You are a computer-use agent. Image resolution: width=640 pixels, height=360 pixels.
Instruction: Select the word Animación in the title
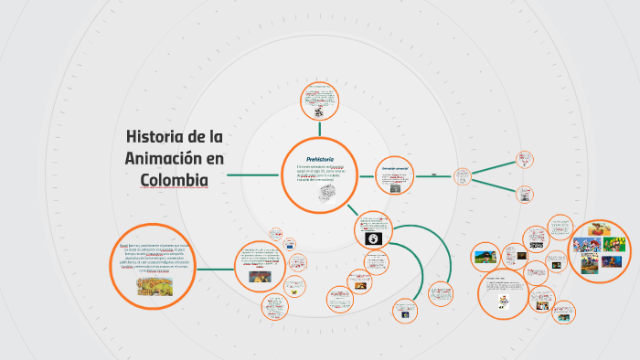(x=160, y=158)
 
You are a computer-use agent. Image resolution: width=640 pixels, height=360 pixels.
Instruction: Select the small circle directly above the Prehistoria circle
(x=319, y=101)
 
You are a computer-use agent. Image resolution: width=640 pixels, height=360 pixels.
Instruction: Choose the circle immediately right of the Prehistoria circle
(x=394, y=175)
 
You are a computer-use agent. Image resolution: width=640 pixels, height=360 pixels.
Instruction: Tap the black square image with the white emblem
(x=373, y=238)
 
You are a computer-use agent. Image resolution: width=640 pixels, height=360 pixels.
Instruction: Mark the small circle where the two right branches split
(x=464, y=175)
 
